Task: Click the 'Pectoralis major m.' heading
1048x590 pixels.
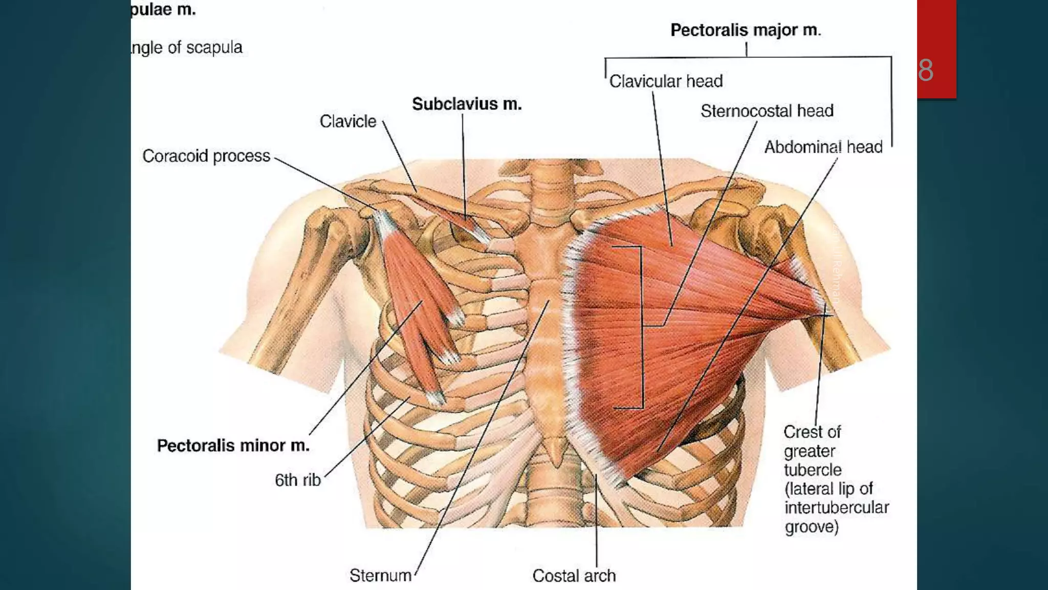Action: pos(746,30)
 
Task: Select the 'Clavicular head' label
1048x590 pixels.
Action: pos(666,81)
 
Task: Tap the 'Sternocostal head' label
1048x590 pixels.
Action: pos(767,111)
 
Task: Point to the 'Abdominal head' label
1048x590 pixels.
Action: pos(823,147)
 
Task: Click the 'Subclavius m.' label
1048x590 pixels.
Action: pos(467,104)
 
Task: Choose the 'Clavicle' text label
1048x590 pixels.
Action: pos(348,121)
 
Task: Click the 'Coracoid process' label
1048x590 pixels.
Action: pos(206,156)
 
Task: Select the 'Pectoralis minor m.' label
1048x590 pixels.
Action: pos(233,446)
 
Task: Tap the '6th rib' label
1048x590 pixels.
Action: pos(297,480)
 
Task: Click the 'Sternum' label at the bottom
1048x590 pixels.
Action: pos(380,576)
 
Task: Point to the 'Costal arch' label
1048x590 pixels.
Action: pos(574,576)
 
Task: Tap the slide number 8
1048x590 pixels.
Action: pos(926,70)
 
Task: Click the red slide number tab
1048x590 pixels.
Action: pos(936,31)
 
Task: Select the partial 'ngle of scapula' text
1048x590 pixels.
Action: pos(186,48)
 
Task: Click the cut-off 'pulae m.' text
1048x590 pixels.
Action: pos(163,9)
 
